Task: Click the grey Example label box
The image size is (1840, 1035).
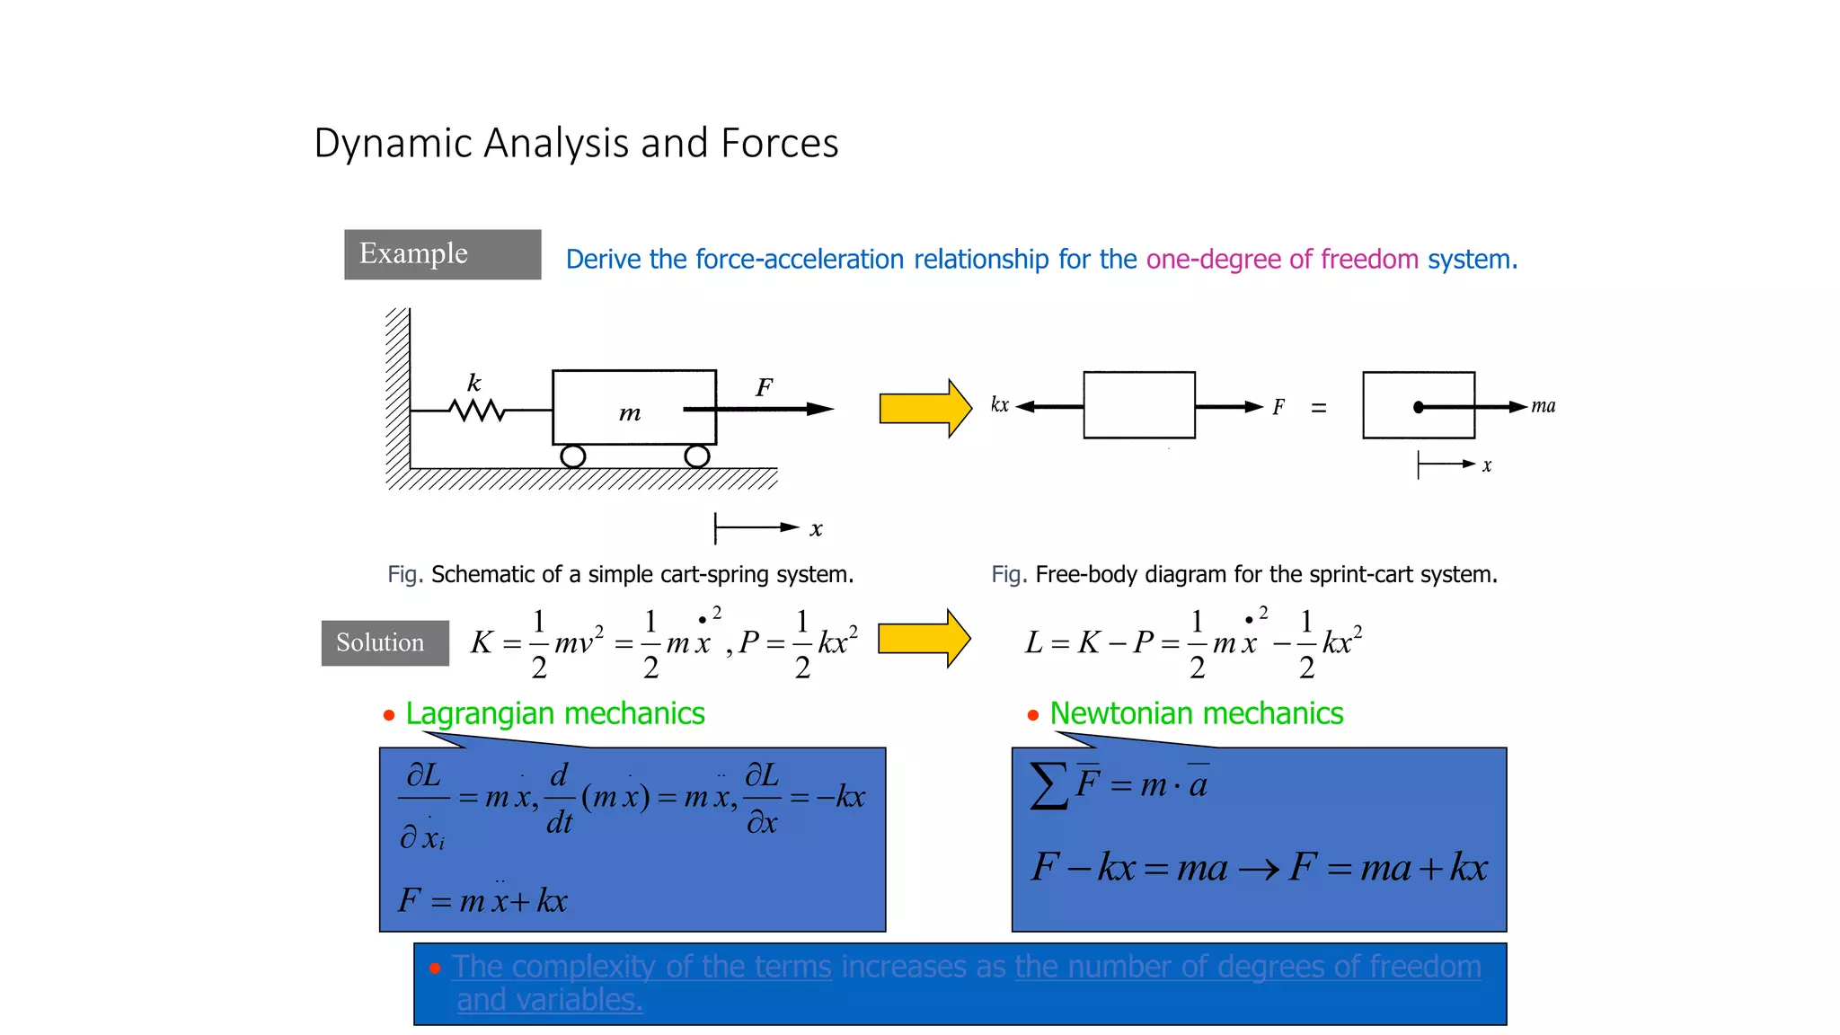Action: pyautogui.click(x=442, y=254)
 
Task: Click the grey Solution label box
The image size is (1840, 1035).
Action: pyautogui.click(x=385, y=642)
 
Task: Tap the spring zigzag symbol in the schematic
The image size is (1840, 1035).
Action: pyautogui.click(x=477, y=411)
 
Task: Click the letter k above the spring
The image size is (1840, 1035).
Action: pyautogui.click(x=474, y=383)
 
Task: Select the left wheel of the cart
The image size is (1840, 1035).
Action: pyautogui.click(x=572, y=456)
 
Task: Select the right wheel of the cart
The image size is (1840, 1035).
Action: pyautogui.click(x=696, y=456)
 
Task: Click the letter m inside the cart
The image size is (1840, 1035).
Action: pyautogui.click(x=630, y=413)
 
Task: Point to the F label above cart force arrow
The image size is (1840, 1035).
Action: pyautogui.click(x=764, y=387)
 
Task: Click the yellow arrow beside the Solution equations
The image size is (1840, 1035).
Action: pyautogui.click(x=923, y=639)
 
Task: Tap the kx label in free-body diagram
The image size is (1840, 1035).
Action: pyautogui.click(x=999, y=405)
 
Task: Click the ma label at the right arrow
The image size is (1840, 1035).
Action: pyautogui.click(x=1543, y=406)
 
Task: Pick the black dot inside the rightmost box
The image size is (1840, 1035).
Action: pyautogui.click(x=1419, y=407)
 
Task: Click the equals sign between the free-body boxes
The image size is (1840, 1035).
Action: pyautogui.click(x=1318, y=408)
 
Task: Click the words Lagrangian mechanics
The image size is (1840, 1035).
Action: pyautogui.click(x=554, y=713)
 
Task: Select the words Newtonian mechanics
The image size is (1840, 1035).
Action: pyautogui.click(x=1196, y=713)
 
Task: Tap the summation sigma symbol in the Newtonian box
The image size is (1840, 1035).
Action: pyautogui.click(x=1048, y=785)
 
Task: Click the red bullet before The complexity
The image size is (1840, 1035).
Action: pyautogui.click(x=435, y=969)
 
